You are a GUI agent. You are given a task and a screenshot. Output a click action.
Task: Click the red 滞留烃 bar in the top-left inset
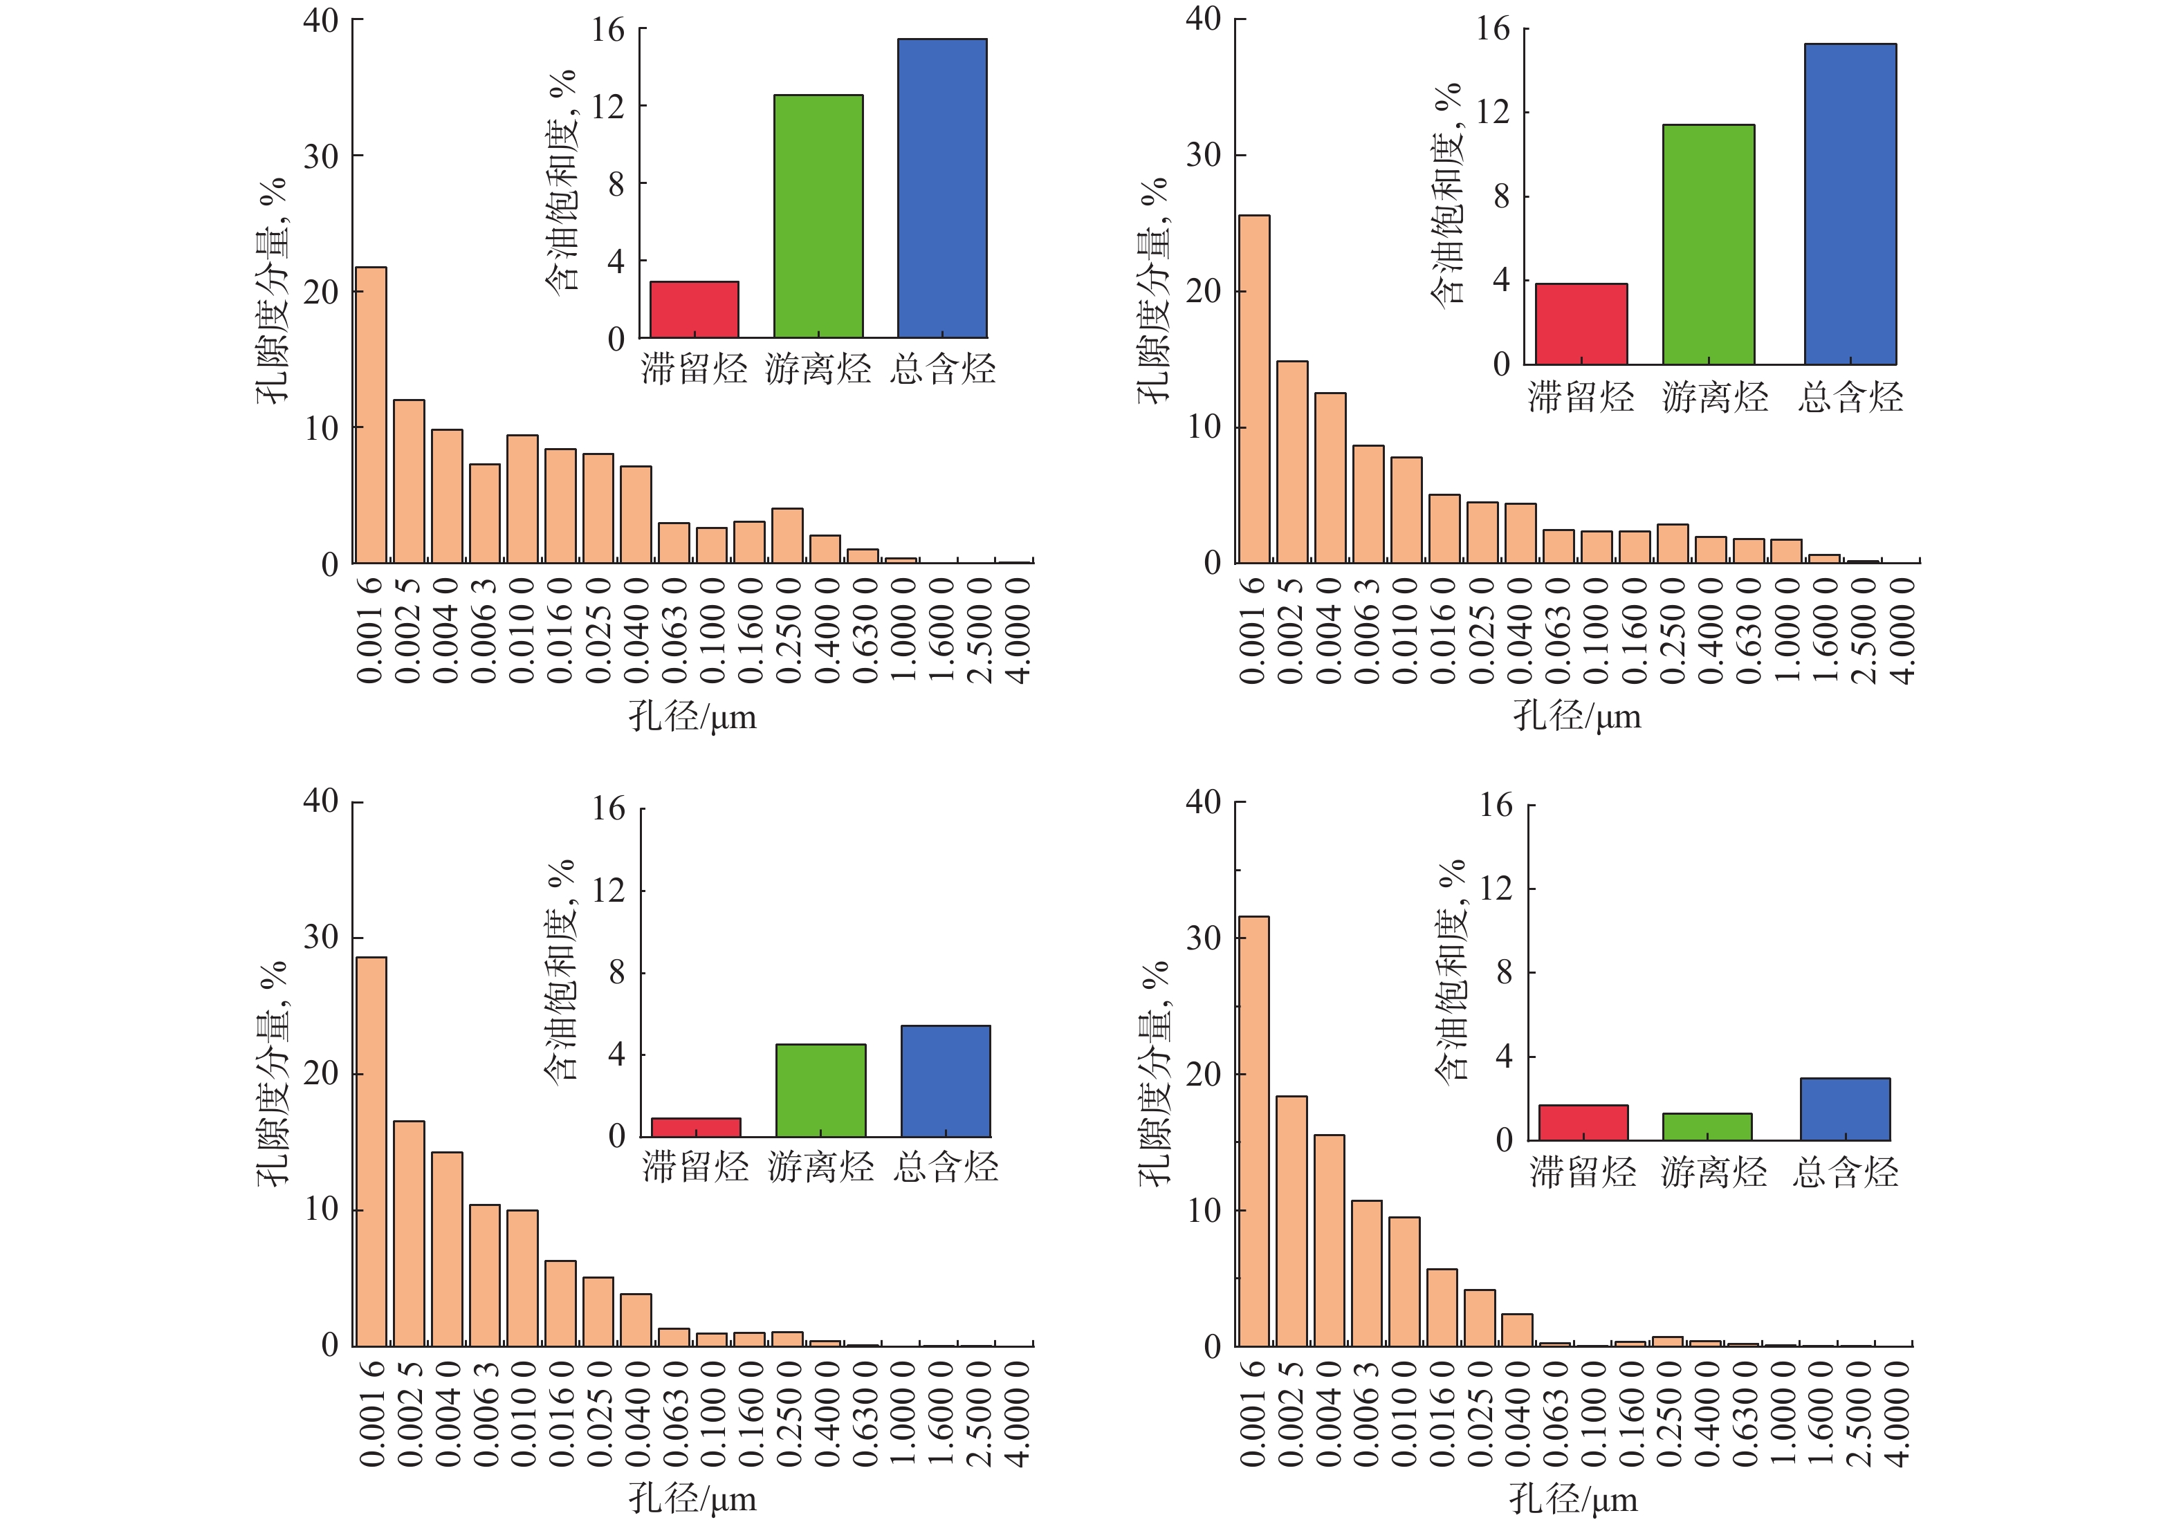click(694, 309)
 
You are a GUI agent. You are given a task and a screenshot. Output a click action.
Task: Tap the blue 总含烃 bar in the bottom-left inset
click(945, 1081)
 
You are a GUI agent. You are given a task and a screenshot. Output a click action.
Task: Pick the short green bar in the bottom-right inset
click(1707, 1126)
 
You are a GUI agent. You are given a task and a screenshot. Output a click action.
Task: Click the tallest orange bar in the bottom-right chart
click(1253, 1131)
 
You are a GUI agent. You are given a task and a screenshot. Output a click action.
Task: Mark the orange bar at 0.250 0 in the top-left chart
click(787, 536)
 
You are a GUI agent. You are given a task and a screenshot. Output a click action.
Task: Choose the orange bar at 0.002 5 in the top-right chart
click(1291, 462)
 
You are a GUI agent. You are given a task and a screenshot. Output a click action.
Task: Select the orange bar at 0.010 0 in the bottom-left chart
click(522, 1278)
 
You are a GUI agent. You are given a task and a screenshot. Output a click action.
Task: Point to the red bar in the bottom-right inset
click(1583, 1122)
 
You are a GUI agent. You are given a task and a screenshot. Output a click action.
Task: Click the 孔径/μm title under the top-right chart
click(1576, 716)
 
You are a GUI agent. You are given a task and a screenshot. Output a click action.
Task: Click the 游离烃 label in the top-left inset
click(818, 368)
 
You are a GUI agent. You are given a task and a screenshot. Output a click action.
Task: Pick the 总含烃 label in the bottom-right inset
click(1845, 1173)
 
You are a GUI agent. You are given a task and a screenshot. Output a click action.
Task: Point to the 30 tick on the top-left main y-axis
click(321, 156)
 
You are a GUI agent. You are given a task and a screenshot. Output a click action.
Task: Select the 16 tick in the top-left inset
click(608, 30)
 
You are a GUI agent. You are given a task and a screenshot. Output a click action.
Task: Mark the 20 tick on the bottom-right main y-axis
click(1204, 1074)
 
